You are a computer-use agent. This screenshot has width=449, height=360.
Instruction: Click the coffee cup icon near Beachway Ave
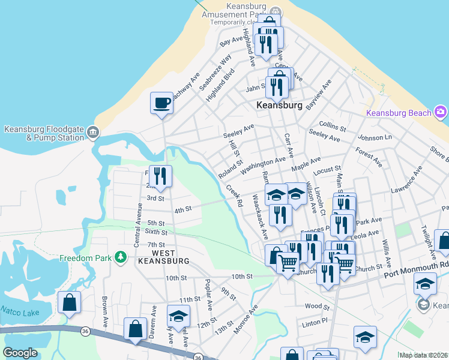coord(161,103)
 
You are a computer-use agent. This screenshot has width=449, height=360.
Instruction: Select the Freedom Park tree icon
coord(121,257)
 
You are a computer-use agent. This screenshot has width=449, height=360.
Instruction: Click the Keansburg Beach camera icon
coord(441,112)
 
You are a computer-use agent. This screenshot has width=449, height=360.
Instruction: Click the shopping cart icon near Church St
coord(288,262)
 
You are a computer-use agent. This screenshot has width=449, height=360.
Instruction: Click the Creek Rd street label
coord(234,196)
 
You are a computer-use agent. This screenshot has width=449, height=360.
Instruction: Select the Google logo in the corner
coord(20,353)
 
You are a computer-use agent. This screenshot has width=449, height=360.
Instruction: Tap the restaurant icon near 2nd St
coord(160,176)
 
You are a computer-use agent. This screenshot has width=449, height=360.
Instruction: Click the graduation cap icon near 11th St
coord(178,316)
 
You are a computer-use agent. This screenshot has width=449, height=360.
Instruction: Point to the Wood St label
coord(318,306)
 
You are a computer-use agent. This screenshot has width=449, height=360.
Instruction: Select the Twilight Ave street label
coord(427,238)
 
